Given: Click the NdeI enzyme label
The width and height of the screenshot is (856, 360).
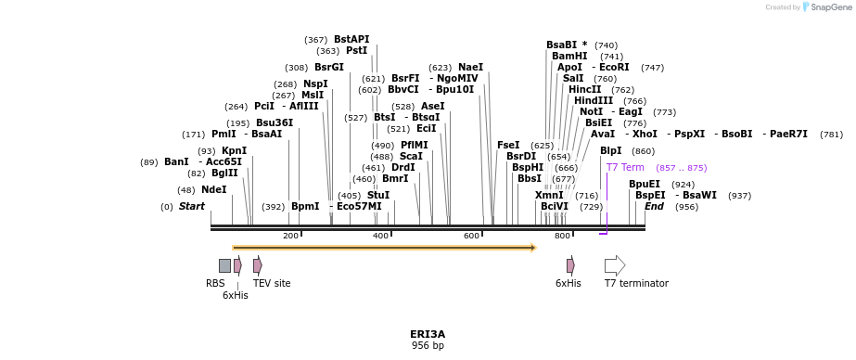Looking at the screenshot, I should point(214,189).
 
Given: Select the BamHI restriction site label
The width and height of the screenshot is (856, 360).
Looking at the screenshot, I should point(569,56).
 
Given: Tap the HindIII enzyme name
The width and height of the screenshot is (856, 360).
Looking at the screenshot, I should point(594,100).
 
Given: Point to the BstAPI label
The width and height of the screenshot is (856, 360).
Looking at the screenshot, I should point(351,39).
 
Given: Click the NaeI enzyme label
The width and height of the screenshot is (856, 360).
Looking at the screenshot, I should point(470,67).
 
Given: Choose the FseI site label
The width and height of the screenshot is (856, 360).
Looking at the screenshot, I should point(508,145).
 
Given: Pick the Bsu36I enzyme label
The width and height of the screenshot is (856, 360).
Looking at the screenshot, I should point(275,122).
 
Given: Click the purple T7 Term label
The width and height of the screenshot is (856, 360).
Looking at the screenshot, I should point(625,167).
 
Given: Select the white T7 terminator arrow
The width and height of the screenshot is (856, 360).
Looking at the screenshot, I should point(615,265).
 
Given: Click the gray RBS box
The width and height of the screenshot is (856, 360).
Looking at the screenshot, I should point(224,265).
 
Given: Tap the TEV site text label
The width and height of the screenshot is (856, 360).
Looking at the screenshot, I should point(272,283).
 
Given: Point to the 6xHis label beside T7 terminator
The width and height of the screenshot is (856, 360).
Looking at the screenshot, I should point(569,283).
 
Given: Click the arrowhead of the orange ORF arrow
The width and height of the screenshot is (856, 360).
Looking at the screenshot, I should point(533,248).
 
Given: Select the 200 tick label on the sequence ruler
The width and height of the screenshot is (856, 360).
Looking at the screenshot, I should point(290,236).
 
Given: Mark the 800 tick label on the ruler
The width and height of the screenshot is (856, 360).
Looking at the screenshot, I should point(562,236).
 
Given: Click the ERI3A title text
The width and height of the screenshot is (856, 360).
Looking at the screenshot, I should point(428,333).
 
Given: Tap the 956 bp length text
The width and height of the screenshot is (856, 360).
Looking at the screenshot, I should point(428,345).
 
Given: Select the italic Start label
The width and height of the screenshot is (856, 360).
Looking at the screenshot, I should point(192,206).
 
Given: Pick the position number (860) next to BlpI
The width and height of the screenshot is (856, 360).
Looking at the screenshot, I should point(643,151).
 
